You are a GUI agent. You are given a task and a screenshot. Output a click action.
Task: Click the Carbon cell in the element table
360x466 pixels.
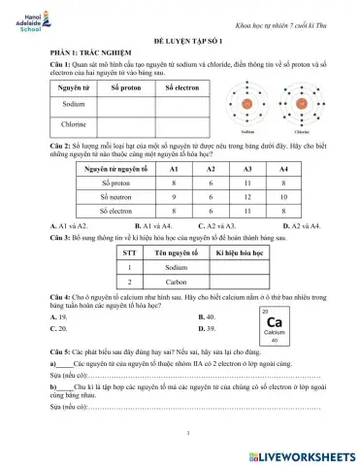tap(176, 282)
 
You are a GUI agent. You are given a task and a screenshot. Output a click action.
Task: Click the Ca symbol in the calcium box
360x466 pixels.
tap(276, 322)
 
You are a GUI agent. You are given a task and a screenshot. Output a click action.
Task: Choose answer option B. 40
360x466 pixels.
tap(206, 316)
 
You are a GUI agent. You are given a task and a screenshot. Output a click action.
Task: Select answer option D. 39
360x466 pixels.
tap(206, 329)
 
